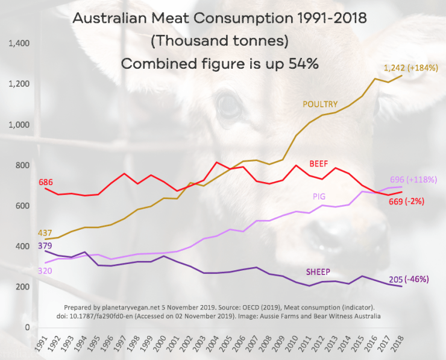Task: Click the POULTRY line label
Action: (x=319, y=104)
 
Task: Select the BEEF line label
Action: (x=319, y=163)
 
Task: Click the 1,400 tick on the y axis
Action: (x=19, y=43)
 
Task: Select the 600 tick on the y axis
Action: (x=23, y=206)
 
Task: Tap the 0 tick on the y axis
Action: (x=27, y=327)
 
